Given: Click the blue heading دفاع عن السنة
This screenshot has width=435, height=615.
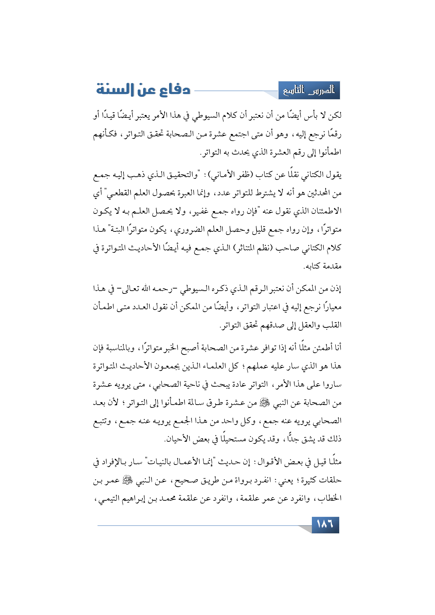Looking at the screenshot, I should pyautogui.click(x=143, y=90).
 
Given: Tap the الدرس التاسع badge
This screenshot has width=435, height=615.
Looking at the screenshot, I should pyautogui.click(x=309, y=91).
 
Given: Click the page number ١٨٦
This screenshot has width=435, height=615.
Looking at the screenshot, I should pyautogui.click(x=325, y=525).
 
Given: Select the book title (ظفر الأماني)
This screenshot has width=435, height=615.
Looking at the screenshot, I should pyautogui.click(x=232, y=175).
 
